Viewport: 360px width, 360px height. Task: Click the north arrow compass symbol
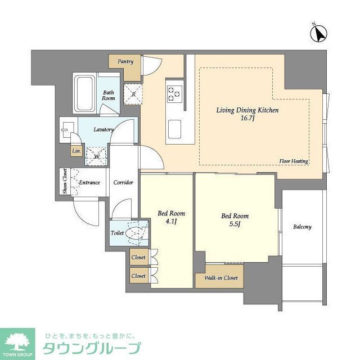[x=319, y=34]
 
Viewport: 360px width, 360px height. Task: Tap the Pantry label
[x=125, y=61]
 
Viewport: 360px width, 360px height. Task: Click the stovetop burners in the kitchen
[x=173, y=93]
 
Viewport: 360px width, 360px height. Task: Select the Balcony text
[x=301, y=227]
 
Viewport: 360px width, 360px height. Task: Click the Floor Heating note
[x=293, y=161]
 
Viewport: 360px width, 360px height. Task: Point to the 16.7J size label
[x=247, y=119]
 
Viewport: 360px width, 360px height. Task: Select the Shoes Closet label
[x=65, y=182]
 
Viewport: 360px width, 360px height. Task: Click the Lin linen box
[x=75, y=151]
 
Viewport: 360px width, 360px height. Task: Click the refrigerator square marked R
[x=133, y=93]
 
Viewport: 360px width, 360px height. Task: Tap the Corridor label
[x=123, y=183]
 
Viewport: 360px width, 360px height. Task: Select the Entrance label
[x=89, y=182]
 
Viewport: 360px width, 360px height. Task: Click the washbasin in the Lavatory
[x=67, y=129]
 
